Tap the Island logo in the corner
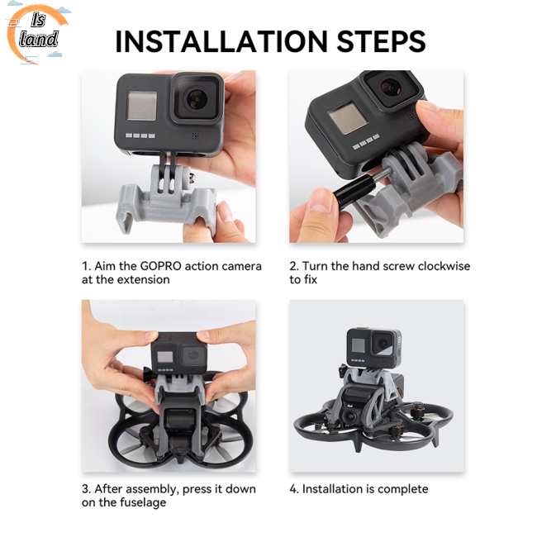coord(38,35)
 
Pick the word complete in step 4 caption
coord(402,489)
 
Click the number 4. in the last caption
coord(294,489)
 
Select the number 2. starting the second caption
coord(294,266)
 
